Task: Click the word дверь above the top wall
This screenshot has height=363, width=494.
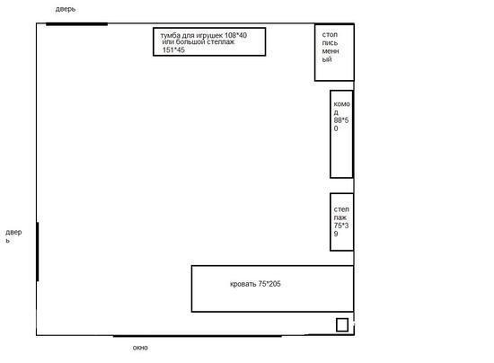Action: (66, 9)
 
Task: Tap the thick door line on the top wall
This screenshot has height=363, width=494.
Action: (77, 24)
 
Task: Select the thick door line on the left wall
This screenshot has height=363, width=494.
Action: (38, 252)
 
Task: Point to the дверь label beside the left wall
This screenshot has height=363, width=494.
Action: (13, 236)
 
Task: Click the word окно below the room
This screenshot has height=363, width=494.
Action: (140, 348)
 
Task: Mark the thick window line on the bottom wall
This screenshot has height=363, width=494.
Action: (198, 336)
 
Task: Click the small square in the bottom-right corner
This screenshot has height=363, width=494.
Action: (342, 325)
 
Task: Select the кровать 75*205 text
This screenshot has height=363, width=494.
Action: (255, 284)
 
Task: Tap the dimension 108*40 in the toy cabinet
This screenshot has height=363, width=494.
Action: (235, 35)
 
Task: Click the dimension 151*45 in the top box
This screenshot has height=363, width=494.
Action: (173, 49)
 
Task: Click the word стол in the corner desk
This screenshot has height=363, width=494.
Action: (330, 35)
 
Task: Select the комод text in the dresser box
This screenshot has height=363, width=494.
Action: (342, 108)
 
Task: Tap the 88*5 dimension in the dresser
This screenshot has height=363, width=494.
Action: (341, 120)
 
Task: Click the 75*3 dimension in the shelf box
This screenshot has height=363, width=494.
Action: (341, 226)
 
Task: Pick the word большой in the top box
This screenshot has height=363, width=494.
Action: (190, 42)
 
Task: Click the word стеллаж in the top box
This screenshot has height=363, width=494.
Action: (220, 42)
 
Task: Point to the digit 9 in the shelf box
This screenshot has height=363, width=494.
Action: (336, 234)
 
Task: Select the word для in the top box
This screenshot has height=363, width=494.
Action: (188, 36)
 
